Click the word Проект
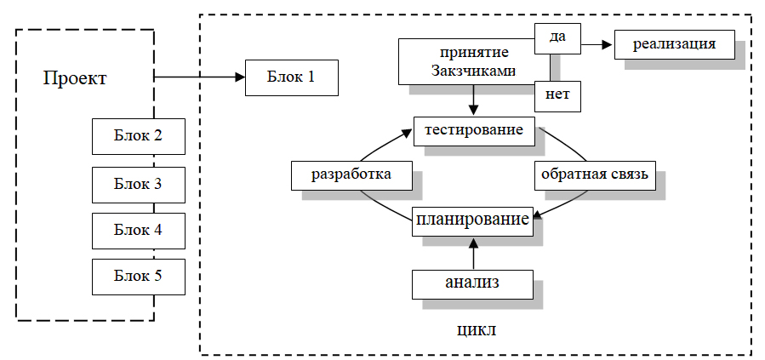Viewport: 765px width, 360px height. click(75, 79)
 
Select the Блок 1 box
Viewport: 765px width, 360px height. click(291, 77)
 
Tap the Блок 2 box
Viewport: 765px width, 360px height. click(138, 136)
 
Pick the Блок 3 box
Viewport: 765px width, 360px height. click(138, 183)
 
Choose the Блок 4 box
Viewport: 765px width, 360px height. click(138, 229)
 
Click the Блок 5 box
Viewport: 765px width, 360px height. click(138, 276)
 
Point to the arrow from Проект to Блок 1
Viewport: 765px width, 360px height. click(199, 77)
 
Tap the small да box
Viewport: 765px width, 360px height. click(557, 37)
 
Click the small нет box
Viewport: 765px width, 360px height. click(557, 95)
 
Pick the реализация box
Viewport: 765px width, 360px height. click(674, 43)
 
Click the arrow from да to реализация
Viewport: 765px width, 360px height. click(597, 43)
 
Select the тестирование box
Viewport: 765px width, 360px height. click(474, 130)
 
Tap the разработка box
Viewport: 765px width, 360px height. click(351, 175)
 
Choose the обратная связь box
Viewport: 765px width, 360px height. click(595, 175)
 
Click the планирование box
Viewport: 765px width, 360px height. click(474, 220)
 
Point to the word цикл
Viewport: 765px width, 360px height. click(477, 330)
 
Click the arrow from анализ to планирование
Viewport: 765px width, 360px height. click(474, 253)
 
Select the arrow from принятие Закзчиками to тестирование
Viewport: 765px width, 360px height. click(474, 100)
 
